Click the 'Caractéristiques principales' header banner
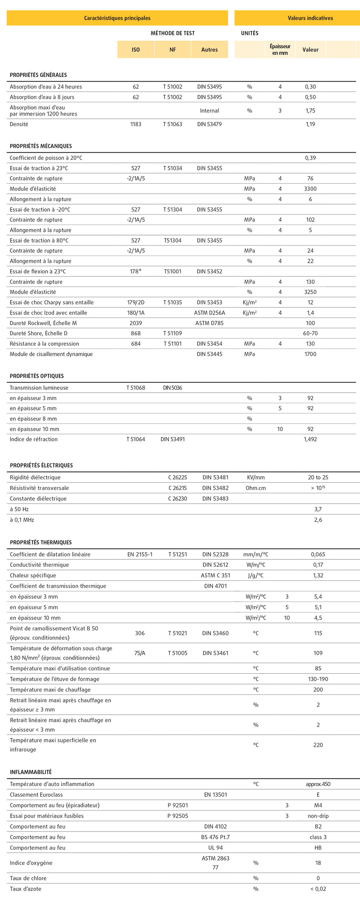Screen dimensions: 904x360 coord(117,18)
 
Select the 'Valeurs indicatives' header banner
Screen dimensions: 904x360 coord(310,18)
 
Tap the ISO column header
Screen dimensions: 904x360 coord(136,50)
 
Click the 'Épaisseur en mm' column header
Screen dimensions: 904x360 coord(280,50)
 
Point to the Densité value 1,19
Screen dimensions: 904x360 coord(310,124)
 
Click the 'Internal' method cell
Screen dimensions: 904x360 coord(209,111)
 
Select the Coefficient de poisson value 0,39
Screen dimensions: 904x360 coord(310,158)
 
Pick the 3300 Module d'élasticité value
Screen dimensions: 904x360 coord(310,189)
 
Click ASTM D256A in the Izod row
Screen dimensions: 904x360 coord(209,312)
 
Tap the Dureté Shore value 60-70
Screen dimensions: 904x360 coord(310,333)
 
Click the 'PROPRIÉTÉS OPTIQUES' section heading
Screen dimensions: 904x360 coord(37,376)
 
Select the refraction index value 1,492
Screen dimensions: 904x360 coord(310,439)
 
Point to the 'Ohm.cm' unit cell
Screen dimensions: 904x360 coord(256,488)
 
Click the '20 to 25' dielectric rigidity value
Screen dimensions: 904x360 coord(318,477)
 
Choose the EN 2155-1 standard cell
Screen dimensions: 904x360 coord(140,554)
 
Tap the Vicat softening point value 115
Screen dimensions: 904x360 coord(318,633)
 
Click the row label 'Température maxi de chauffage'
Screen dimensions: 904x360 coord(50,689)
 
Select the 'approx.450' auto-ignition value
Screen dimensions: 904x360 coord(318,784)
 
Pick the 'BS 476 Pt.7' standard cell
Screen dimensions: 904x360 coord(215,837)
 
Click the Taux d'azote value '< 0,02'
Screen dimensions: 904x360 coord(318,889)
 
